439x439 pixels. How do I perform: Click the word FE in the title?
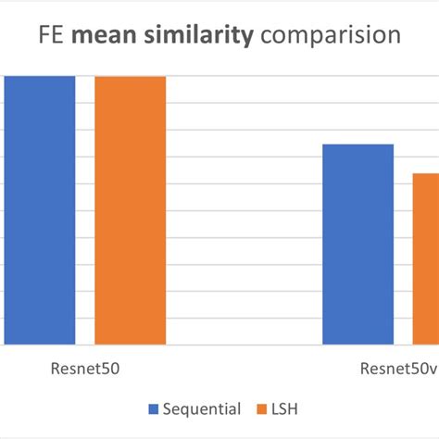(52, 36)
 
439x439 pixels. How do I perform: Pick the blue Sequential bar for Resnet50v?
(357, 245)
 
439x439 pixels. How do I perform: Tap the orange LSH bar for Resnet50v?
(425, 259)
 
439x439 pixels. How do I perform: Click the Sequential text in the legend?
(202, 408)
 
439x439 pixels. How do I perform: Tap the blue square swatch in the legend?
(154, 409)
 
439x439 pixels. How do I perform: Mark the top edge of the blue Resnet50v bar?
(357, 145)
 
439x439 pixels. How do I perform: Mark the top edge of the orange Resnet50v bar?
(425, 174)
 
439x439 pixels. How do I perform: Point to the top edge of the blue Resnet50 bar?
(39, 77)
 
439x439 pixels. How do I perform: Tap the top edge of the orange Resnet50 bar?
(130, 77)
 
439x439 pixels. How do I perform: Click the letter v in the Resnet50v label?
(433, 369)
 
